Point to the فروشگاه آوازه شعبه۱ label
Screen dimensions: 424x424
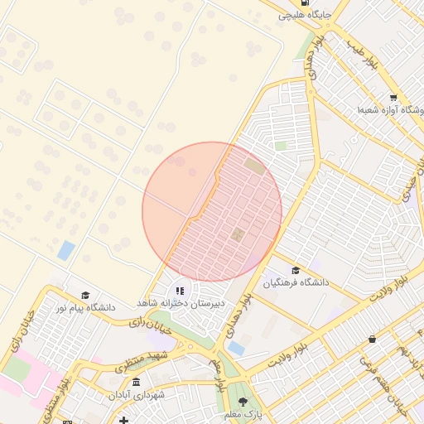pyautogui.click(x=390, y=109)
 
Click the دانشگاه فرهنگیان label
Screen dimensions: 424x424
pyautogui.click(x=296, y=282)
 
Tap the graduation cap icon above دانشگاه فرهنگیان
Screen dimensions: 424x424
pyautogui.click(x=296, y=270)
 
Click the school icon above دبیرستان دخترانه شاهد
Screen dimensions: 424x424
pyautogui.click(x=180, y=291)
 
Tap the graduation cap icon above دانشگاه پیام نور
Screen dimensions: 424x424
pyautogui.click(x=85, y=295)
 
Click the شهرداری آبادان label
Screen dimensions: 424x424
pyautogui.click(x=137, y=395)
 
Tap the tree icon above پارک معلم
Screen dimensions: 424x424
pyautogui.click(x=243, y=402)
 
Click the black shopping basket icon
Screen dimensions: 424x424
pyautogui.click(x=373, y=339)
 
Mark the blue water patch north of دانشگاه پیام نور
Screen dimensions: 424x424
pyautogui.click(x=65, y=250)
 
